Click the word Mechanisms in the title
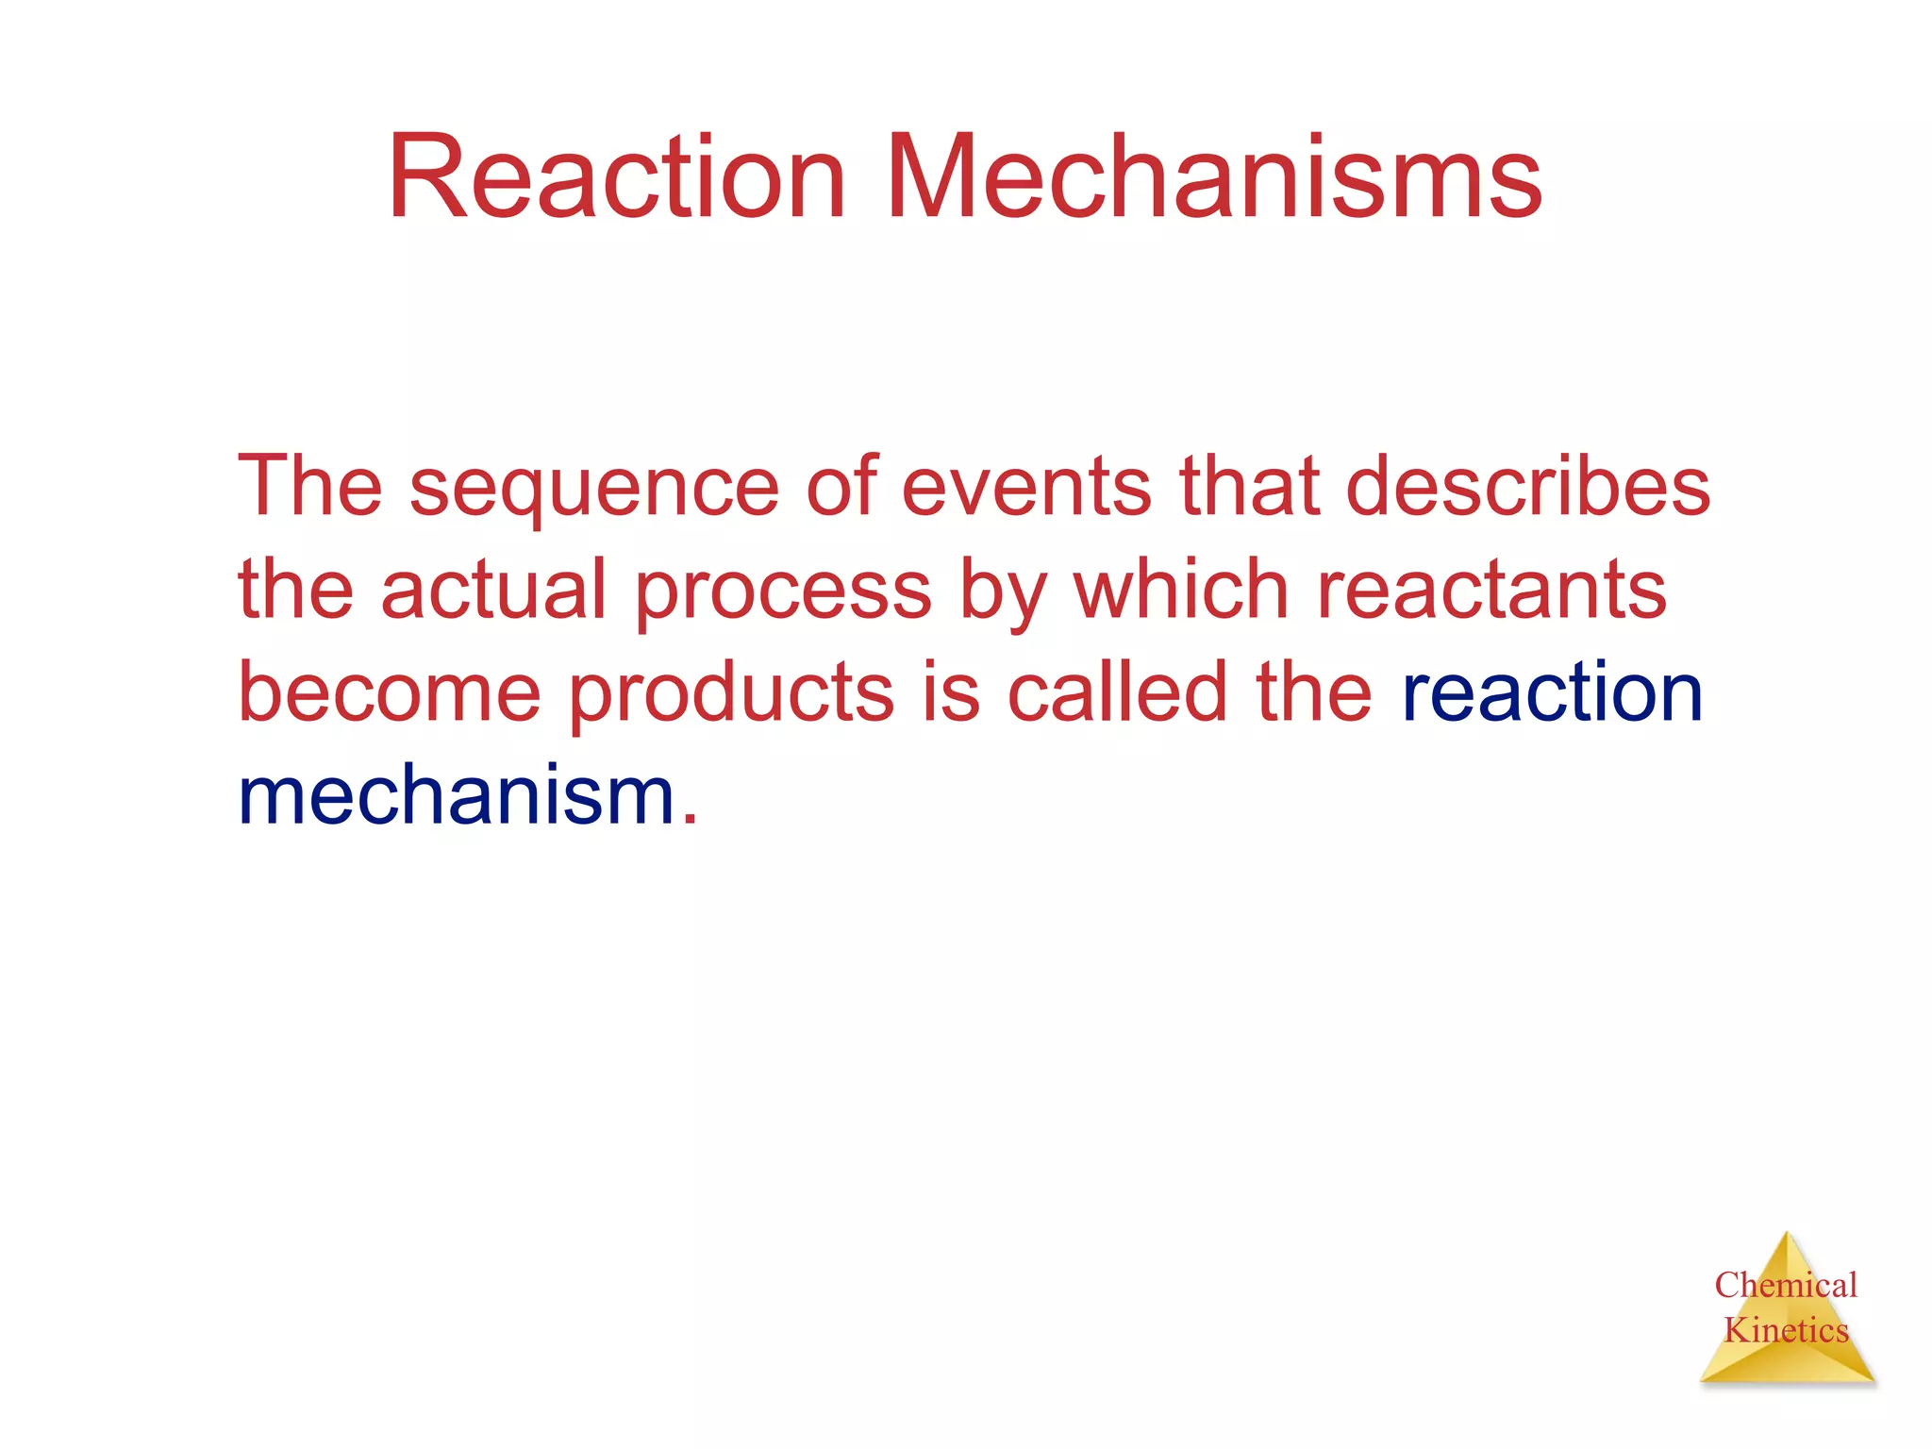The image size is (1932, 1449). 1213,177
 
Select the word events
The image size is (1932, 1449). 1026,487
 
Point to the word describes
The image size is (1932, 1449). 1527,487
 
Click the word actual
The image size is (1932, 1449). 492,590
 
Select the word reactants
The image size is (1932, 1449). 1491,590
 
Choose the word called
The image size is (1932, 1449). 1117,692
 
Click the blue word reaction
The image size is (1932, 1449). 1553,692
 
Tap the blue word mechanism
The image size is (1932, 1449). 458,796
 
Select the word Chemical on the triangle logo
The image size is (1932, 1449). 1786,1285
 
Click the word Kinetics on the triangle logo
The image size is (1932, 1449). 1786,1330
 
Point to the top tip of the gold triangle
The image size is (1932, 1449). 1787,1235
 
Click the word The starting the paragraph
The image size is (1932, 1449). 310,487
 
